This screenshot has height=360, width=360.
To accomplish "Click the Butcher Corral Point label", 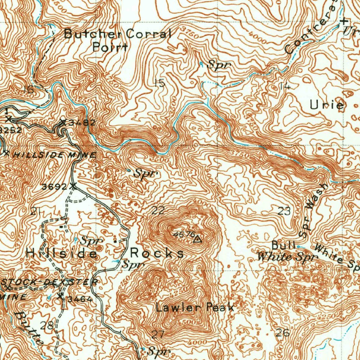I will click(x=117, y=40).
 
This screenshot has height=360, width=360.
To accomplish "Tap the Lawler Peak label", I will click(x=195, y=308).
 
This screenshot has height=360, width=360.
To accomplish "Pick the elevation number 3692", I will click(x=54, y=187).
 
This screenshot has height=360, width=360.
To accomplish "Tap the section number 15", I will click(x=159, y=83).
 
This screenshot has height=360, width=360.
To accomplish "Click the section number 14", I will click(x=284, y=86).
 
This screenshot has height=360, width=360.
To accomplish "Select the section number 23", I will click(x=284, y=211).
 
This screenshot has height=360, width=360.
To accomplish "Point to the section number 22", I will click(x=158, y=211).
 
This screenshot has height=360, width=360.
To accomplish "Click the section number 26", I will click(x=283, y=332).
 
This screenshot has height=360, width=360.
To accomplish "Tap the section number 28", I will click(x=47, y=325).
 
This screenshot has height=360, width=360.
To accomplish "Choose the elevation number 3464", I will click(x=79, y=299).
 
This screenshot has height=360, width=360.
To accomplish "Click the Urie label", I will click(x=327, y=105).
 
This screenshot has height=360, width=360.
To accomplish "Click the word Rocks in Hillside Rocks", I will click(x=157, y=253).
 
